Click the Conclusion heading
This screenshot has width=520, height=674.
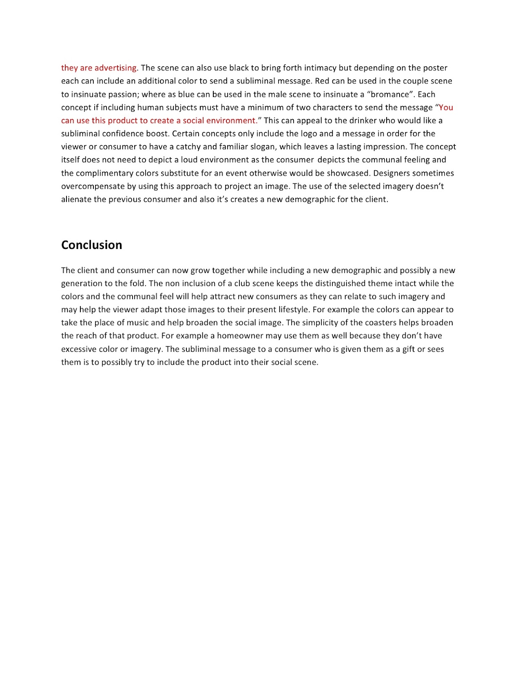tap(91, 245)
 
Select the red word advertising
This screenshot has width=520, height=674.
tap(116, 68)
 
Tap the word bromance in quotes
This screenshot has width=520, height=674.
tap(390, 94)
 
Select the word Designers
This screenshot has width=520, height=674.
tap(392, 173)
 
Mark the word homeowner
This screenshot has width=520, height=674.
tap(239, 336)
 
